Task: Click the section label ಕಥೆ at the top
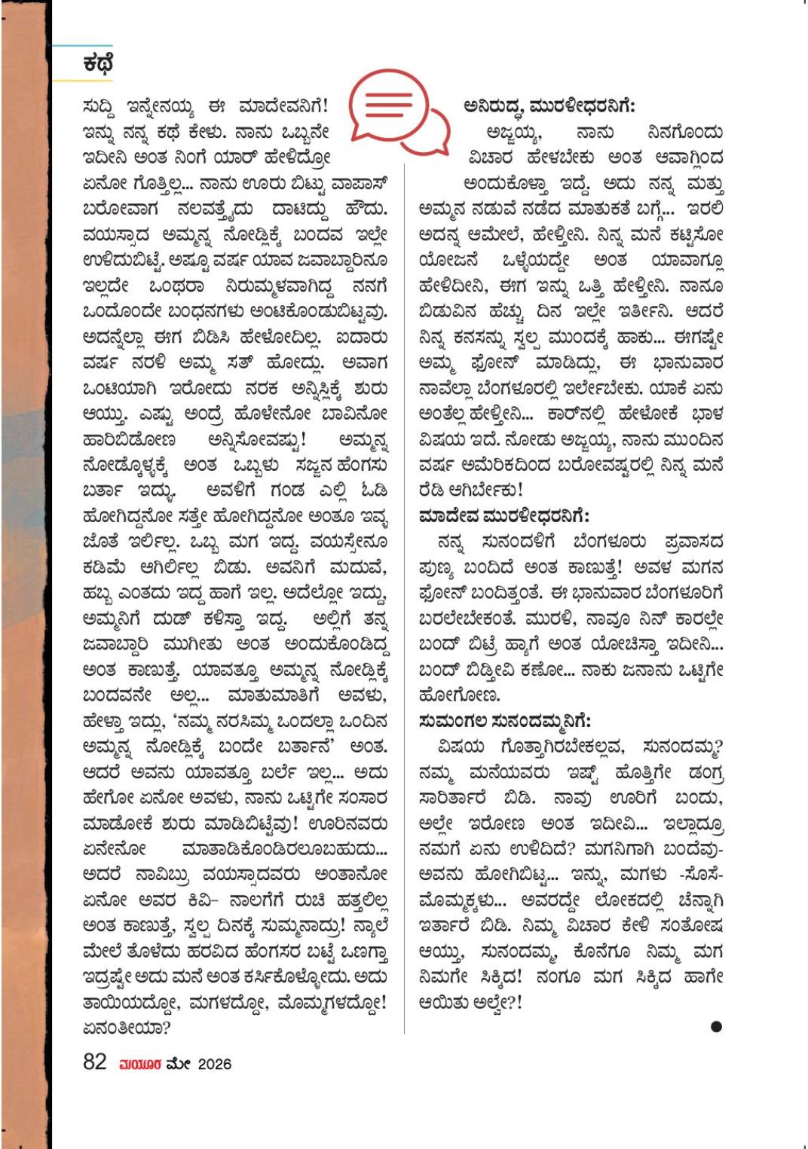click(98, 64)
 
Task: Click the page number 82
click(95, 1062)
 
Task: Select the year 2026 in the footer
click(215, 1064)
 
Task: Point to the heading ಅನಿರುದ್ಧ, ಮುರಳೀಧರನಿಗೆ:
click(549, 105)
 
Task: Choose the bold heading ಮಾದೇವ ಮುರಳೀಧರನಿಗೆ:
click(504, 516)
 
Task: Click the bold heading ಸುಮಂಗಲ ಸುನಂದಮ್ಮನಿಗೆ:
click(504, 721)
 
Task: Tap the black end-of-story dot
click(716, 1026)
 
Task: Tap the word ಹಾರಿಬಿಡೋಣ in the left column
click(129, 439)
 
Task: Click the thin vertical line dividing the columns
click(405, 603)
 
